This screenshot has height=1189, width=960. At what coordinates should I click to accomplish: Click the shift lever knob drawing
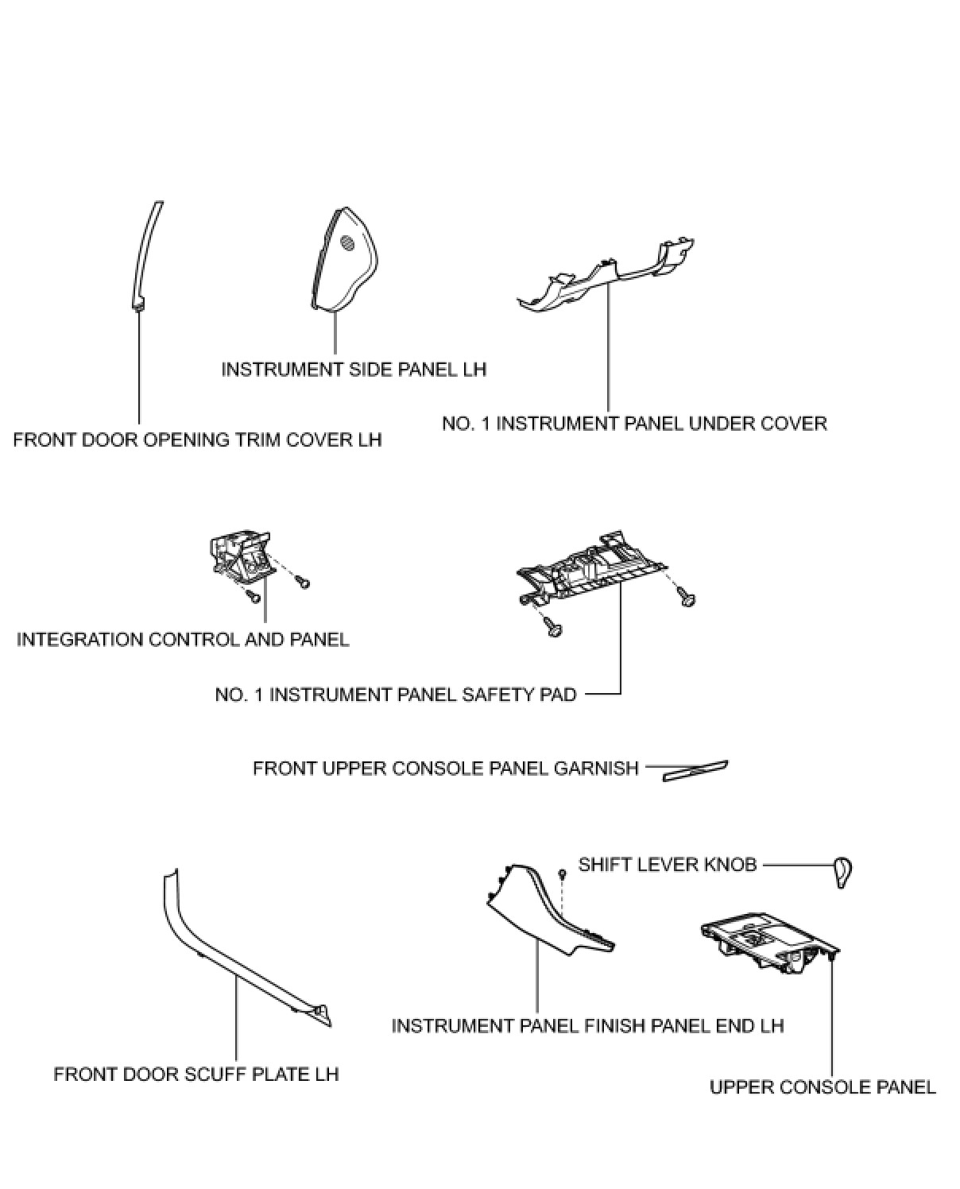(x=842, y=871)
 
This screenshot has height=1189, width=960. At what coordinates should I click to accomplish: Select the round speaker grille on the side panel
(x=347, y=244)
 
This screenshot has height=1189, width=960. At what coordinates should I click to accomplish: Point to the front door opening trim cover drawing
(x=147, y=254)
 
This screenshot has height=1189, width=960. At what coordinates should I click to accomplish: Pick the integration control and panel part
(x=238, y=556)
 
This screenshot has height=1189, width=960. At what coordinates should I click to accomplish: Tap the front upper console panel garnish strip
(x=695, y=769)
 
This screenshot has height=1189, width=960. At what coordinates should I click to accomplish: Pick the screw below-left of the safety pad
(x=553, y=629)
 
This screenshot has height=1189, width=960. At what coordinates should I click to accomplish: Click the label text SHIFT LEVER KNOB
(x=667, y=864)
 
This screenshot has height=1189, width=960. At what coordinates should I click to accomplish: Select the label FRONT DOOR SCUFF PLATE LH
(x=195, y=1074)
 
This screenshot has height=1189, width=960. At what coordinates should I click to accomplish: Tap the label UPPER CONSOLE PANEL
(x=822, y=1086)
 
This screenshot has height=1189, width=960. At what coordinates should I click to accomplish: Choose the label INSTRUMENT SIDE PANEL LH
(x=353, y=370)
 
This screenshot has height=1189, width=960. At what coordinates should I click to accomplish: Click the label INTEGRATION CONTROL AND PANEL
(x=183, y=639)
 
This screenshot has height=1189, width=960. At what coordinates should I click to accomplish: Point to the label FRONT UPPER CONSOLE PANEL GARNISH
(x=445, y=769)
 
